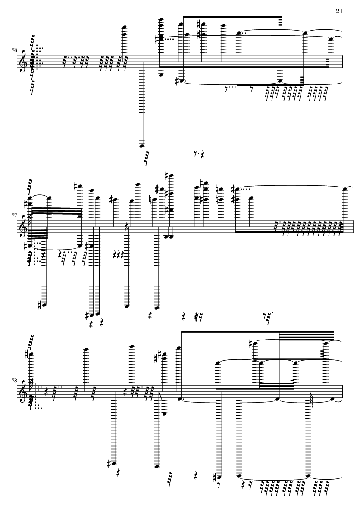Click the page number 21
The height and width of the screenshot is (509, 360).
(338, 11)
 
